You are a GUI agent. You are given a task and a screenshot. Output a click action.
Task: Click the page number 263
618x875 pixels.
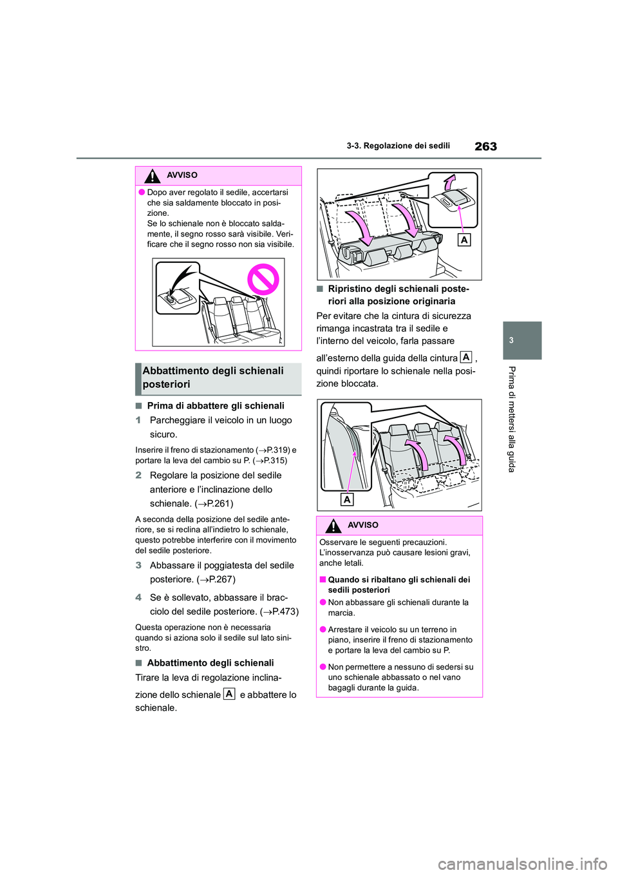coord(485,146)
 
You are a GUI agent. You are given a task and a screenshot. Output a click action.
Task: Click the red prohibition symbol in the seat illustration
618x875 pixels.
coord(263,280)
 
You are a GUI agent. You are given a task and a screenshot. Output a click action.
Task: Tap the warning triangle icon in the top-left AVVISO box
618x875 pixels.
coord(152,175)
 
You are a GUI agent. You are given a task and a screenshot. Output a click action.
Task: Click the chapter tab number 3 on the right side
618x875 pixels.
coord(511,340)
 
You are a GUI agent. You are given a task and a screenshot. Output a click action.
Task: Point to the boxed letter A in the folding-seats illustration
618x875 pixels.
coord(464,240)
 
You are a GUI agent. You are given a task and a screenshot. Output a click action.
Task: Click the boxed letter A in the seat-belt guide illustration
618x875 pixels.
coord(347,499)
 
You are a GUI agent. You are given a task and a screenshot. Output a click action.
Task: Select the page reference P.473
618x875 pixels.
coord(283,611)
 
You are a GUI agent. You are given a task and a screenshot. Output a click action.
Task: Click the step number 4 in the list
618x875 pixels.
coord(138,597)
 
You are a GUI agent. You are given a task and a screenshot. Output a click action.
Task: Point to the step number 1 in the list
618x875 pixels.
coord(138,420)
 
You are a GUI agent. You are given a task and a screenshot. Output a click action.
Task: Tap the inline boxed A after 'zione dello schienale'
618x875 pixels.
coord(229,694)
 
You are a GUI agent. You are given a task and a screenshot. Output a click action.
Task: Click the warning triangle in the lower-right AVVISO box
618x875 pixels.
coord(333,526)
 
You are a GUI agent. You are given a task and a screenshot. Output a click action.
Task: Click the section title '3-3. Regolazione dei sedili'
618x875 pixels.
coord(398,146)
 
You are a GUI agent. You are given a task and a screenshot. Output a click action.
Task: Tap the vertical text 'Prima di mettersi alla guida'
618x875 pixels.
coord(511,419)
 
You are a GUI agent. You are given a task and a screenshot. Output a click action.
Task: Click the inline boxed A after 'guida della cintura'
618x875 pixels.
coord(465,357)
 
